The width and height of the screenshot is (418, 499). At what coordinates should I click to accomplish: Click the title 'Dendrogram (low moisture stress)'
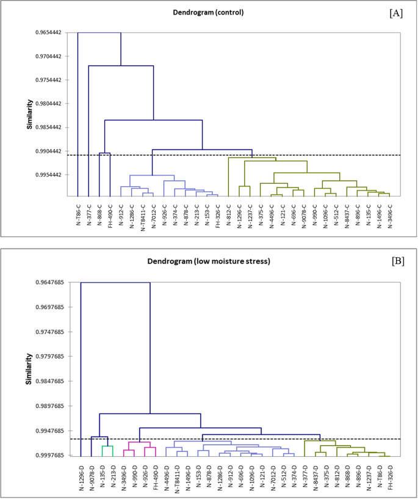(209, 261)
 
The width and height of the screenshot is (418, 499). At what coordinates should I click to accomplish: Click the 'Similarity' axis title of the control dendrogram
(29, 115)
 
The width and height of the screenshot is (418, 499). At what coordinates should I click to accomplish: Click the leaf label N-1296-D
(81, 477)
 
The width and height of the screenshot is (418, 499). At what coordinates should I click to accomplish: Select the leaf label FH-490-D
(156, 477)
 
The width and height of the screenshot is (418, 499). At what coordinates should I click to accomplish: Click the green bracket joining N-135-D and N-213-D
(107, 446)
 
